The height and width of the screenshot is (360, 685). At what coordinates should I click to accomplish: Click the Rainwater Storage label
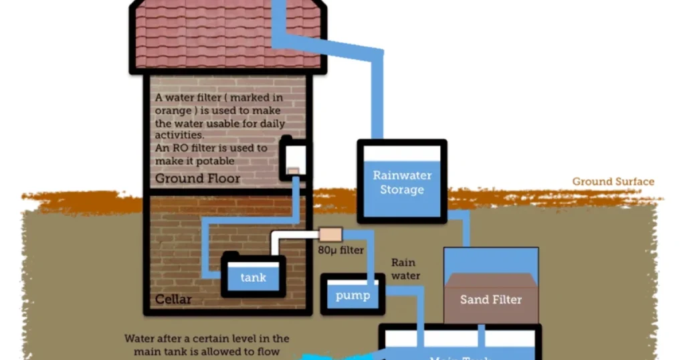click(401, 183)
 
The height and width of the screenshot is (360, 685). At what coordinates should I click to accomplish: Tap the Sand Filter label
click(490, 299)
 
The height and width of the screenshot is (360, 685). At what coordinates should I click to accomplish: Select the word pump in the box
click(353, 295)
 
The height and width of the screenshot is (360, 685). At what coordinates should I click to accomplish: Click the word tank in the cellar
click(253, 278)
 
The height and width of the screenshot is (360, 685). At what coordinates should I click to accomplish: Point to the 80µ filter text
click(340, 250)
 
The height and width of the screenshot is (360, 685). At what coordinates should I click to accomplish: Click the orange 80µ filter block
click(330, 234)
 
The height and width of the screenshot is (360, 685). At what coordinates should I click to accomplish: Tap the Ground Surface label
click(613, 181)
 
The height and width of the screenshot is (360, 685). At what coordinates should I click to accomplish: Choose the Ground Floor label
click(197, 179)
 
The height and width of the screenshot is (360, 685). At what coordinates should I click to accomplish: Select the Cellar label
click(173, 299)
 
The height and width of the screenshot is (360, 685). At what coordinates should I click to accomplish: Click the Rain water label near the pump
click(405, 269)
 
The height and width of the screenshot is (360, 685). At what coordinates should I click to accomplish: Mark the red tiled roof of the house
click(227, 37)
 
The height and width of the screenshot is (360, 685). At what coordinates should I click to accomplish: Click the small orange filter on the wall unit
click(293, 171)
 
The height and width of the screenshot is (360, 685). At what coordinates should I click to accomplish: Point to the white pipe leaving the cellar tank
click(294, 235)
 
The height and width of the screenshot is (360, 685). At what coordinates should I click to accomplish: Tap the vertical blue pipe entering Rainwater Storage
click(377, 100)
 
